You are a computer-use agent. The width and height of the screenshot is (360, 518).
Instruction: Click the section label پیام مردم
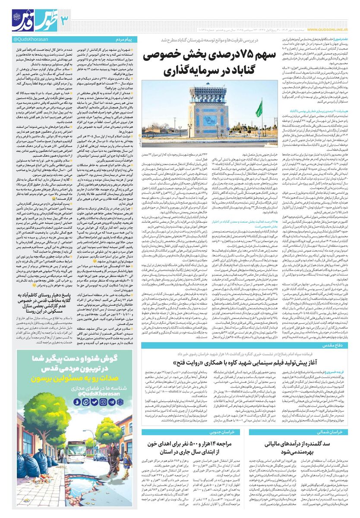point(125,40)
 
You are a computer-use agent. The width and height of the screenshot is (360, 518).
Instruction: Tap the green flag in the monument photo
point(259,108)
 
